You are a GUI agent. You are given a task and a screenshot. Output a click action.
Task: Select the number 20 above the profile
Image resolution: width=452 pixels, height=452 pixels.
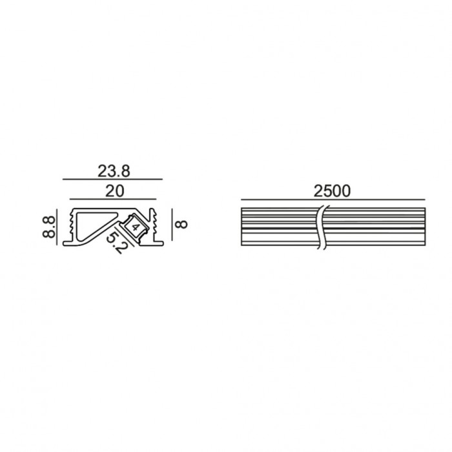115,191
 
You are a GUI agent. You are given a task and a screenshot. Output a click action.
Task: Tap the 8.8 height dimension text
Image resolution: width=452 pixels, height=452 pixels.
49,227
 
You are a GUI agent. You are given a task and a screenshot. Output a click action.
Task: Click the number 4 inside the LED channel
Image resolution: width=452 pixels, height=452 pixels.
136,226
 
